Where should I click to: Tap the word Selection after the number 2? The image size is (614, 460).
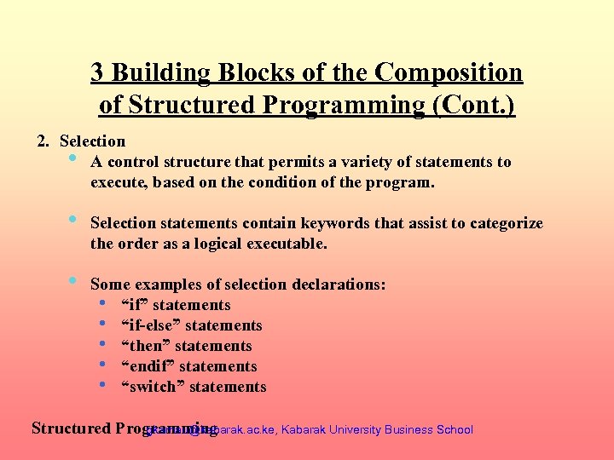(93, 141)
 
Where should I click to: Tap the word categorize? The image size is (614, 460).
(503, 223)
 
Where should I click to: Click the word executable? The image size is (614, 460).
(284, 244)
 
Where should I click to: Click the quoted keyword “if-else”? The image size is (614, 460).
(151, 325)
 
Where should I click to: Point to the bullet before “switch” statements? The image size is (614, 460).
(102, 386)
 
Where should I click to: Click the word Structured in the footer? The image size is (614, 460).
(70, 428)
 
